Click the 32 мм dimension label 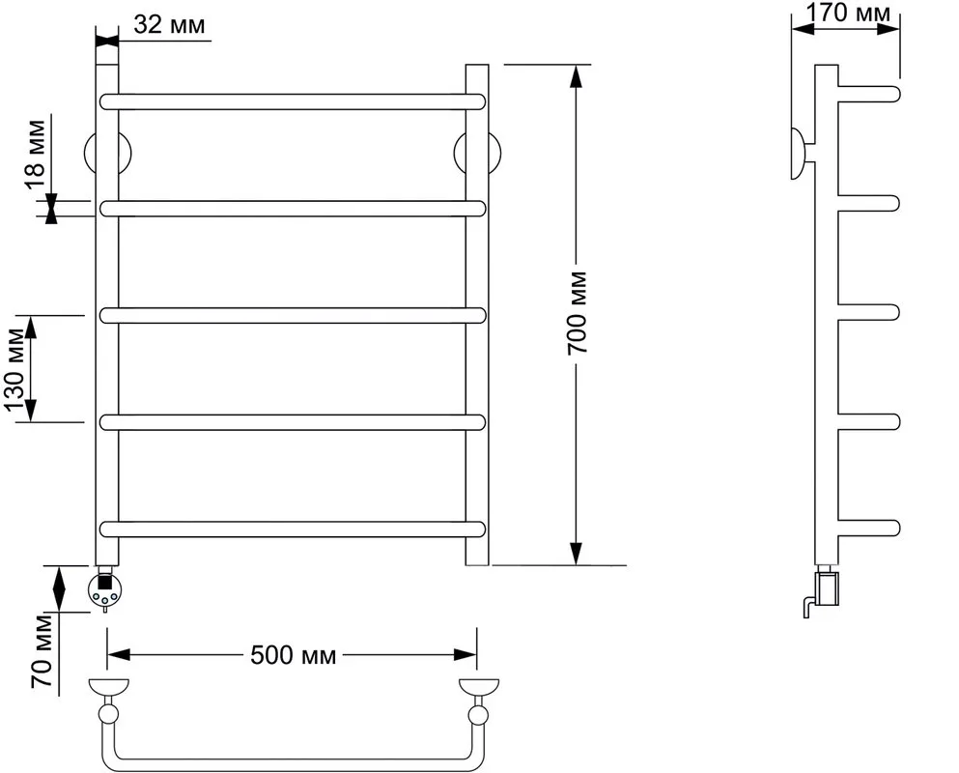tap(169, 25)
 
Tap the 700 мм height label tap(577, 313)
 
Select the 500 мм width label tap(294, 655)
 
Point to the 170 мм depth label tap(848, 13)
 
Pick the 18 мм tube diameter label tap(34, 157)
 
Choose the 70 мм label tap(42, 650)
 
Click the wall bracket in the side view tap(801, 154)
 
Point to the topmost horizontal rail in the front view tap(293, 101)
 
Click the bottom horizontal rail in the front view tap(293, 529)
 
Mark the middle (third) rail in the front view tap(293, 315)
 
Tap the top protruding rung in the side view tap(868, 94)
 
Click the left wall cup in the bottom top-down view tap(109, 687)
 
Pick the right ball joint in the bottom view tap(478, 714)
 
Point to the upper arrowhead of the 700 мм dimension tap(576, 76)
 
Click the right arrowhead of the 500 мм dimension tap(465, 655)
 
